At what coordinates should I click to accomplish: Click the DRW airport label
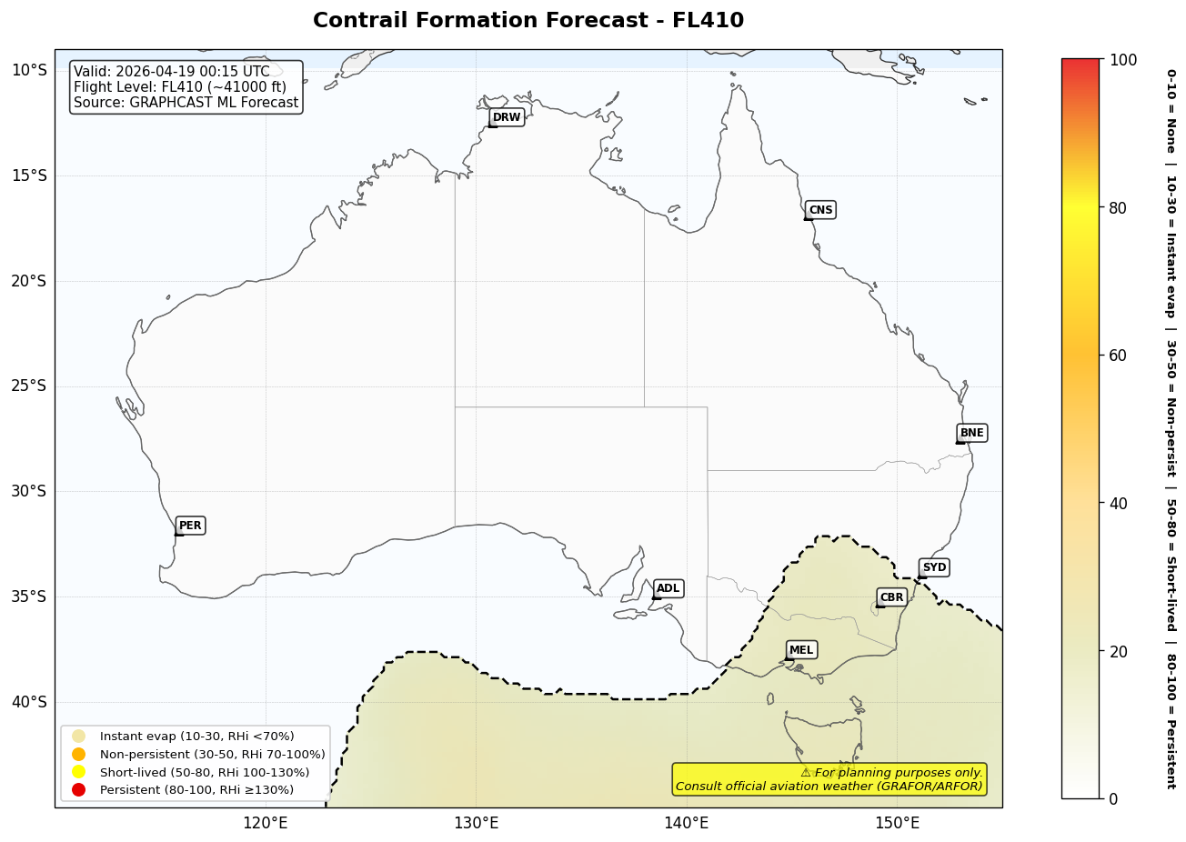coord(507,117)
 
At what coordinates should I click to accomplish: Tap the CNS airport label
coord(820,210)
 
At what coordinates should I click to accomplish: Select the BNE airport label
coord(971,433)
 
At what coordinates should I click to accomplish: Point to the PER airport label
coord(190,526)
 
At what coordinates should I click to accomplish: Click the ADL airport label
coord(668,588)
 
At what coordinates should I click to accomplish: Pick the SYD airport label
coord(934,567)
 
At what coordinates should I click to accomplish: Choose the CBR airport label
coord(891,597)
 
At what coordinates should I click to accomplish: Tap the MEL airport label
coord(801,650)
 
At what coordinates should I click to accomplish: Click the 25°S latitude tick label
coord(28,386)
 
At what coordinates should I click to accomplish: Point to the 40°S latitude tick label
coord(28,702)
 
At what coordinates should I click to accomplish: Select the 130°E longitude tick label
coord(476,824)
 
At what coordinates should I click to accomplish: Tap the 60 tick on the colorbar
coord(1118,356)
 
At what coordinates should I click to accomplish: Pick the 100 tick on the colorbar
coord(1123,60)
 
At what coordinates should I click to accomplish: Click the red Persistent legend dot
coord(79,789)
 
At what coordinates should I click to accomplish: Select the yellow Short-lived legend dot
coord(79,772)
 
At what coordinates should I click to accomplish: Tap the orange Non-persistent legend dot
coord(79,754)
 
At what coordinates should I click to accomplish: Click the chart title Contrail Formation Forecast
coord(528,21)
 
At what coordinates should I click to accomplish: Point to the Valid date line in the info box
coord(172,72)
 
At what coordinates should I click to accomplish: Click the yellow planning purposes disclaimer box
coord(829,779)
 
